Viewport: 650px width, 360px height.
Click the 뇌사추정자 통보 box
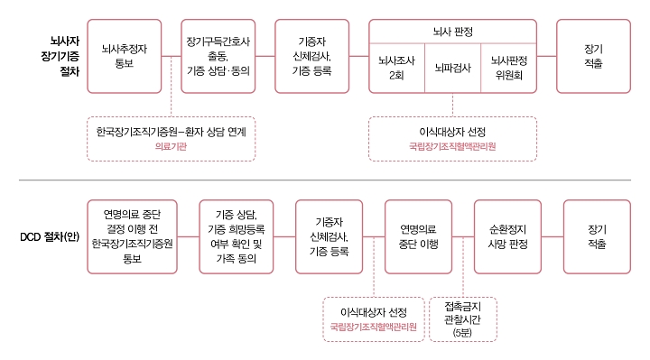pyautogui.click(x=125, y=55)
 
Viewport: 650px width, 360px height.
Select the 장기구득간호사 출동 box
pyautogui.click(x=218, y=55)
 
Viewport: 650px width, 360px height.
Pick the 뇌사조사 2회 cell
pyautogui.click(x=396, y=69)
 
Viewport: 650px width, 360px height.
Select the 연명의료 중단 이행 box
pyautogui.click(x=419, y=237)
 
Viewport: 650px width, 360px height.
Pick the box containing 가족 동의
pyautogui.click(x=237, y=237)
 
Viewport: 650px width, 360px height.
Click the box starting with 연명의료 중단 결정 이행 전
pyautogui.click(x=132, y=237)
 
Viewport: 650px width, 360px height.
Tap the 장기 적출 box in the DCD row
pyautogui.click(x=596, y=237)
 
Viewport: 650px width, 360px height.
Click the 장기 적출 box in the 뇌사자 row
pyautogui.click(x=593, y=55)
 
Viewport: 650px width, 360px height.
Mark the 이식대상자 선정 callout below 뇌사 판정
pyautogui.click(x=452, y=138)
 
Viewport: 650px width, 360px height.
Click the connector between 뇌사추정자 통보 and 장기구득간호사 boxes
pyautogui.click(x=172, y=56)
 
